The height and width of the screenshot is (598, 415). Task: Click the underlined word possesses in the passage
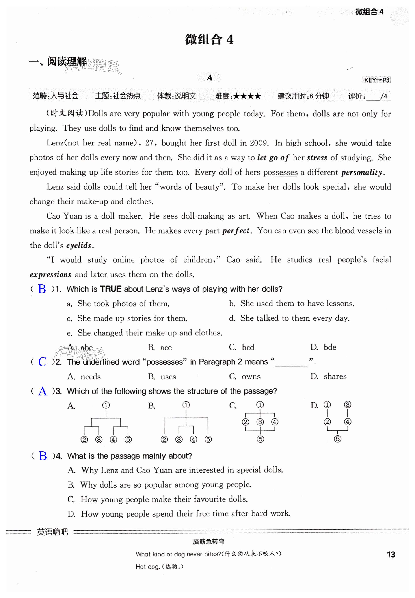[280, 172]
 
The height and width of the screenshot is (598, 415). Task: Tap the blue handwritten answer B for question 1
[42, 289]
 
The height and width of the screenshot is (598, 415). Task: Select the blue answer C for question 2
[42, 362]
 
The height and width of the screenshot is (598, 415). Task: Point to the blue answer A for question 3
[42, 391]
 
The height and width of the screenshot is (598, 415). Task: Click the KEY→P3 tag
[376, 80]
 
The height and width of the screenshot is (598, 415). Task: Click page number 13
[391, 554]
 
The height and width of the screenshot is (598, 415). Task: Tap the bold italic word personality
[363, 172]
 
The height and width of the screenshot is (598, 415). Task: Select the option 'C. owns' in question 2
[245, 377]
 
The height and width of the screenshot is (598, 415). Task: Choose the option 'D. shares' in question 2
[328, 377]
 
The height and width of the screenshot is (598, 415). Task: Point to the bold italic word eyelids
[79, 245]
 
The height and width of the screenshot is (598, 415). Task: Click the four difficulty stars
[247, 96]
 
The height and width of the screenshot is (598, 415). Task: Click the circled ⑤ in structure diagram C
[260, 439]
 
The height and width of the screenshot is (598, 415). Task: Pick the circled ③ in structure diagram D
[348, 405]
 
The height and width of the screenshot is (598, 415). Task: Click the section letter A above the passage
[209, 78]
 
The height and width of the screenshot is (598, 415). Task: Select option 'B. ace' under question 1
[160, 348]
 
